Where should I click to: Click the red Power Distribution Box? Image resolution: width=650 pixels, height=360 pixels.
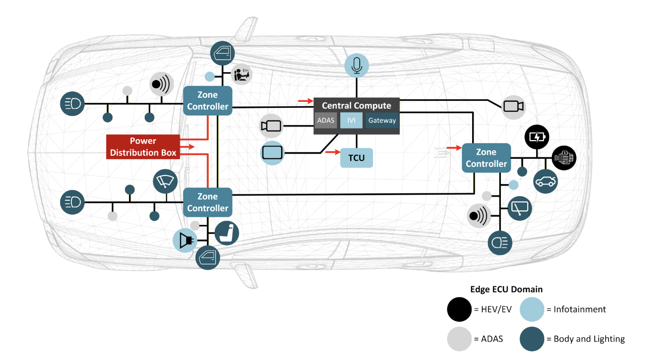(143, 147)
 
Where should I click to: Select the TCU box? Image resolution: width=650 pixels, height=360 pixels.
(356, 158)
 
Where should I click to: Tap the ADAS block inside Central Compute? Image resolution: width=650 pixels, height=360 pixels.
(326, 121)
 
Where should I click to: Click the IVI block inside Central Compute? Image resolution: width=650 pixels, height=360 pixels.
(351, 121)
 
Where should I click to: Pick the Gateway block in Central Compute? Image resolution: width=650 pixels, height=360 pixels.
(382, 121)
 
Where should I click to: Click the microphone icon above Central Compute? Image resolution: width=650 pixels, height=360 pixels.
(357, 66)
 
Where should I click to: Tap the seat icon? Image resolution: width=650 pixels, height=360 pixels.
(227, 233)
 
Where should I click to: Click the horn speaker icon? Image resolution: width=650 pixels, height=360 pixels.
(184, 239)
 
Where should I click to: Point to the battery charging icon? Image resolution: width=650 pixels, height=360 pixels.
(537, 137)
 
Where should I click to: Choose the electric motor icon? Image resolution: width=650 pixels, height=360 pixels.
(564, 158)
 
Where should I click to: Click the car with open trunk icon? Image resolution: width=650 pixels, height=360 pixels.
(545, 182)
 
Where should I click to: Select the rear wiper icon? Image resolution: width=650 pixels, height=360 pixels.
(519, 208)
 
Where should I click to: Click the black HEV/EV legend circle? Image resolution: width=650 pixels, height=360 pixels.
(459, 309)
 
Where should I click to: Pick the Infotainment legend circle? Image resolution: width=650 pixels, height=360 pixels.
(532, 309)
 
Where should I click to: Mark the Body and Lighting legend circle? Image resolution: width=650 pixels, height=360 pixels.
(532, 339)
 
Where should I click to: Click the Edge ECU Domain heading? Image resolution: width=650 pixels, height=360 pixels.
(506, 289)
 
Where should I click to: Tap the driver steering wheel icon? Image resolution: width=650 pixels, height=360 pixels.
(241, 76)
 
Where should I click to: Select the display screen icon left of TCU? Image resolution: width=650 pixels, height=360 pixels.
(273, 153)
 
